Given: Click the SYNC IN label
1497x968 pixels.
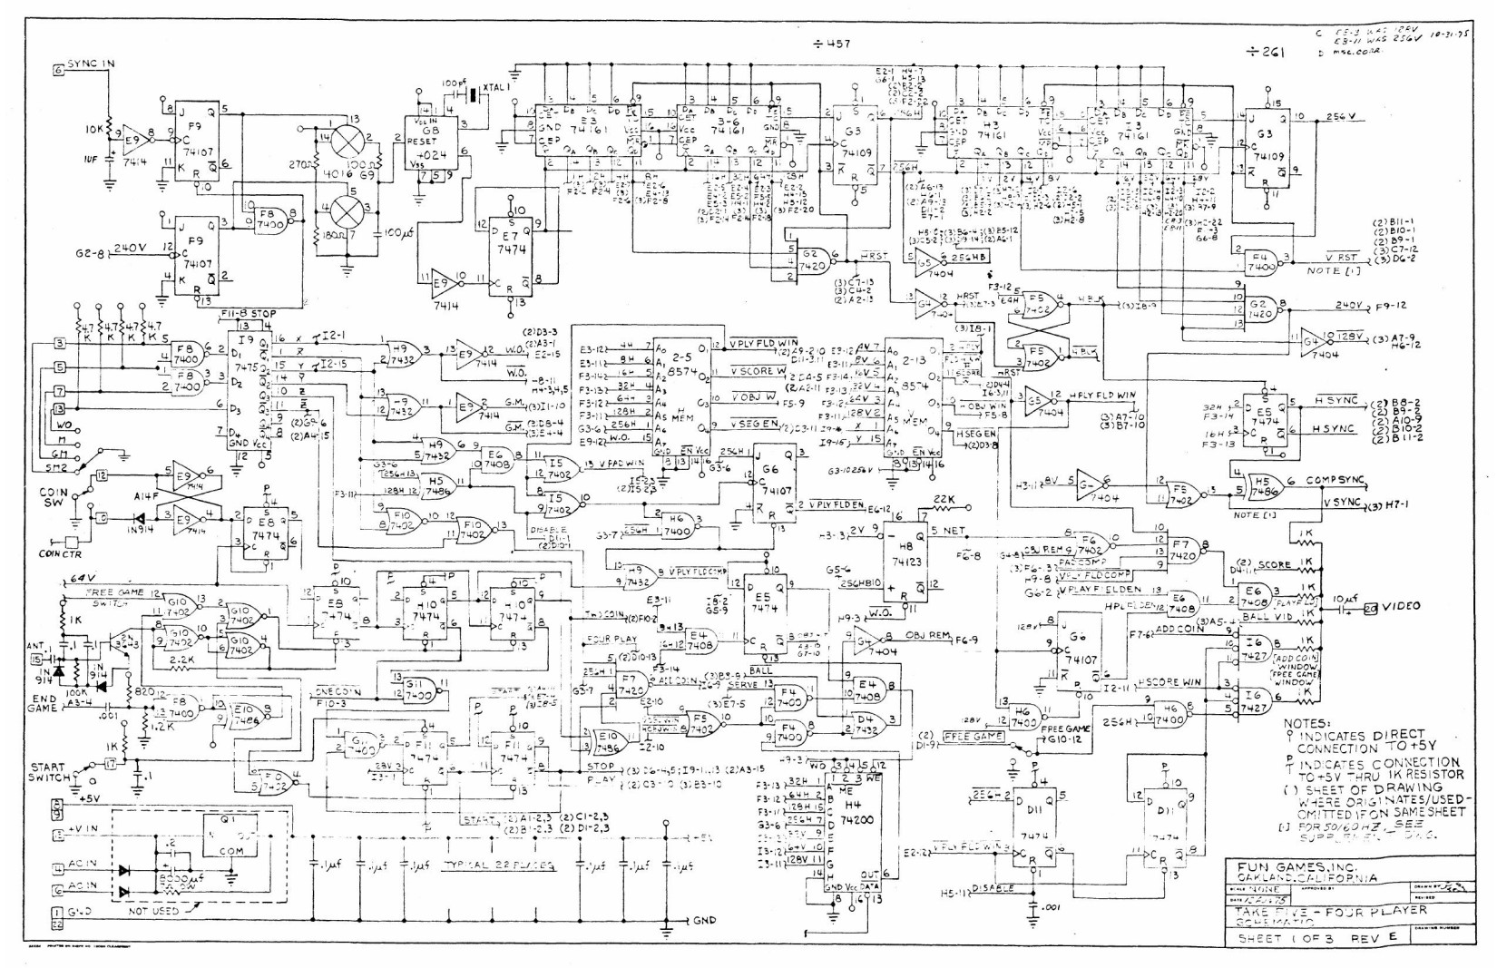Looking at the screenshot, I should [92, 64].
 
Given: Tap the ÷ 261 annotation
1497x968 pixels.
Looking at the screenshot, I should [1265, 52].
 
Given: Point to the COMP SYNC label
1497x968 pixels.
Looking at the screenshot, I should [1336, 480].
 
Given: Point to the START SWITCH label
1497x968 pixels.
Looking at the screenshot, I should [51, 772].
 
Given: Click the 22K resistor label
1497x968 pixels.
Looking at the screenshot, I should [944, 500].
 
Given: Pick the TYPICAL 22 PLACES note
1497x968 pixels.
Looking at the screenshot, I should [499, 866].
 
